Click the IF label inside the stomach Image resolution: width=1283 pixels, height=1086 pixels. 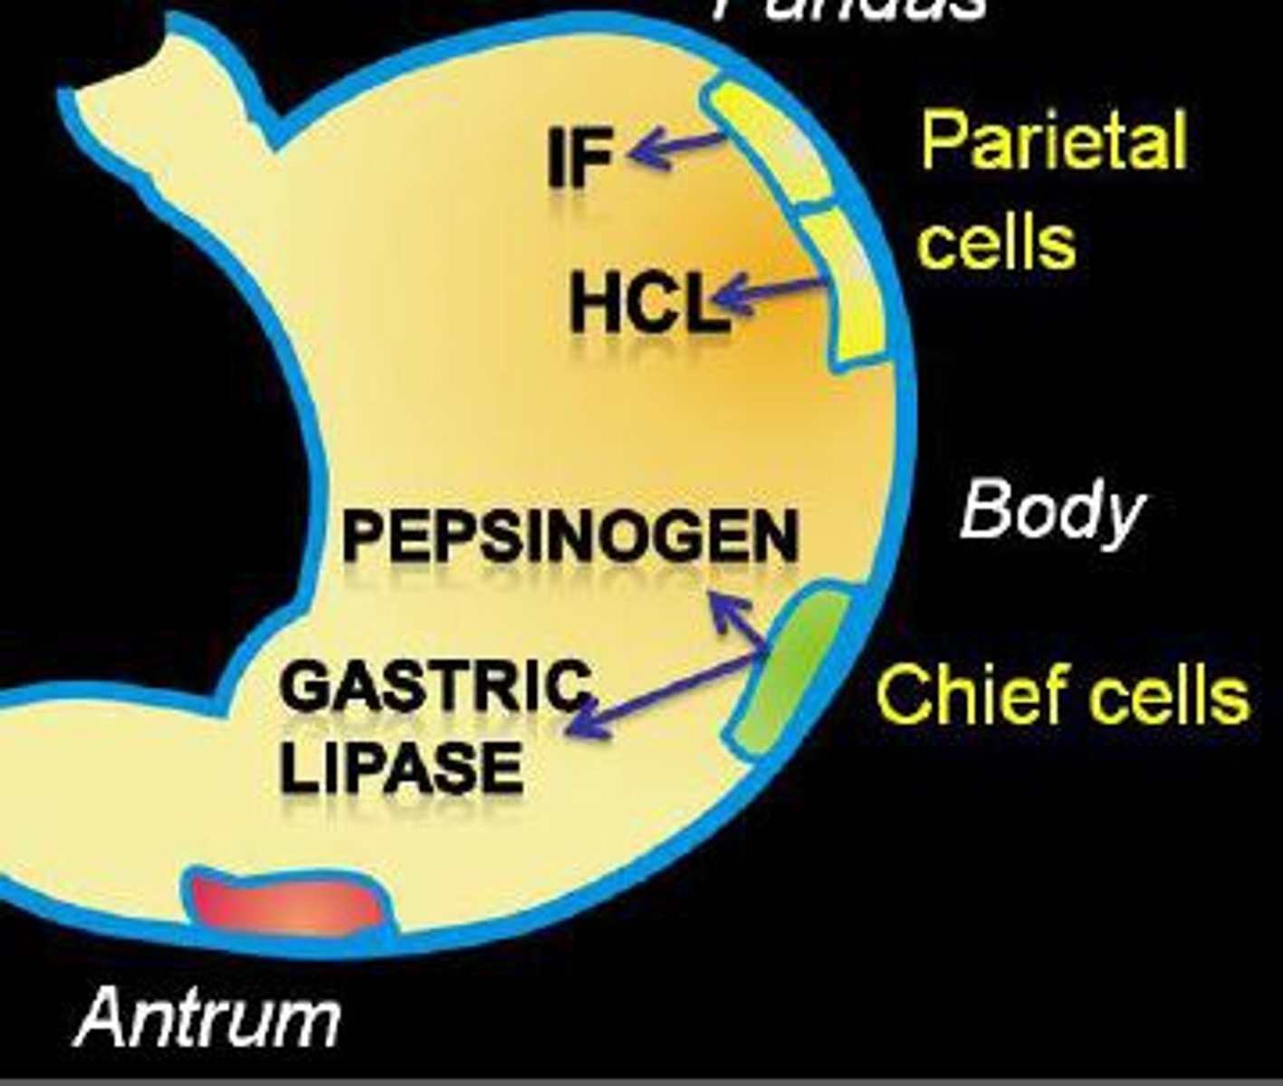(579, 157)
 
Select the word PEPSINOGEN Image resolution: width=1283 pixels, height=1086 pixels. (570, 536)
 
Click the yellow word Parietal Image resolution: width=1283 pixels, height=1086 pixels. (1054, 141)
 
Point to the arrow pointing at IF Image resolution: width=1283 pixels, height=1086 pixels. (675, 147)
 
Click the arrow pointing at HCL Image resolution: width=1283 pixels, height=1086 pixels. (770, 291)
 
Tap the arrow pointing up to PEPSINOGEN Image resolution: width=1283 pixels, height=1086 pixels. (737, 620)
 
